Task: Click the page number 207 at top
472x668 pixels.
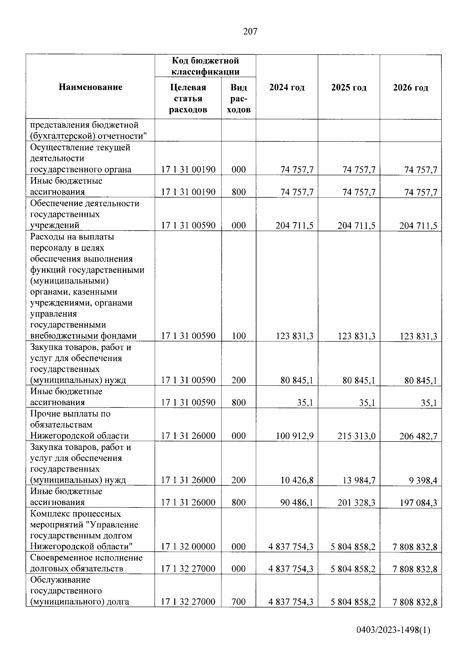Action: coord(250,31)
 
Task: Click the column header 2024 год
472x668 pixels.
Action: coord(287,87)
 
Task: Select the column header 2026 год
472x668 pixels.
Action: coord(410,87)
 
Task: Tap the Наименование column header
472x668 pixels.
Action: coord(90,87)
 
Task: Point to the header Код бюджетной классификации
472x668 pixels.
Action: coord(205,66)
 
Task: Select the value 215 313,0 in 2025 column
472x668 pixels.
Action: coord(356,436)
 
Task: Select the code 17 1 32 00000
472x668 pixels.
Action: coord(188,547)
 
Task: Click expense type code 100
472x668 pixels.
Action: coord(238,336)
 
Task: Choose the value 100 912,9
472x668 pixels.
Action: coord(295,436)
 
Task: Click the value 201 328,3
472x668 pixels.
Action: coord(356,503)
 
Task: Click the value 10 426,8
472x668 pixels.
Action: coord(297,480)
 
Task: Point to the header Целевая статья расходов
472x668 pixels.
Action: coord(188,98)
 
